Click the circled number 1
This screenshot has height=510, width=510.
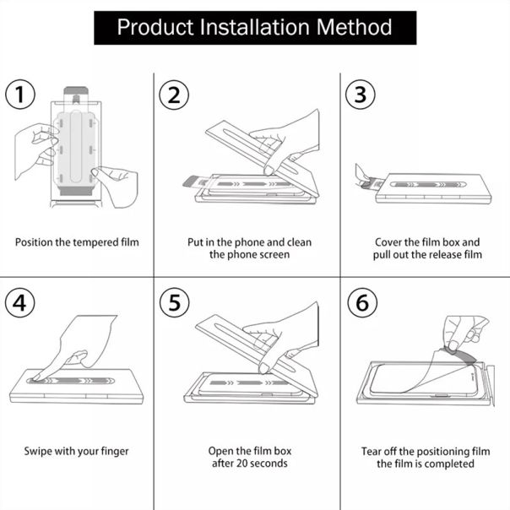point(20,95)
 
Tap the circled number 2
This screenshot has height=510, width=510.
point(173,95)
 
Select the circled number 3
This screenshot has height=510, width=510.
point(361,95)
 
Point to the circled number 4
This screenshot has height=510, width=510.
point(20,302)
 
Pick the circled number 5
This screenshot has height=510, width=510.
point(173,302)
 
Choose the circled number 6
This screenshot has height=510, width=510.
point(361,302)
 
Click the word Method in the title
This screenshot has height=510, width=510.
point(350,27)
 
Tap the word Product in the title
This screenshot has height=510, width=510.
point(152,27)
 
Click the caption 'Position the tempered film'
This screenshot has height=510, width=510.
point(77,242)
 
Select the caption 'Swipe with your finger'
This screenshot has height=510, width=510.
point(77,451)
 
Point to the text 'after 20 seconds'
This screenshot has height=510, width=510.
point(249,464)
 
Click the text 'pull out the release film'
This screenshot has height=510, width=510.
point(428,254)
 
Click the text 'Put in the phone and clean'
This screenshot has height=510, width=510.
point(249,242)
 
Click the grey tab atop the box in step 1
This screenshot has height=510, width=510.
point(75,88)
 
